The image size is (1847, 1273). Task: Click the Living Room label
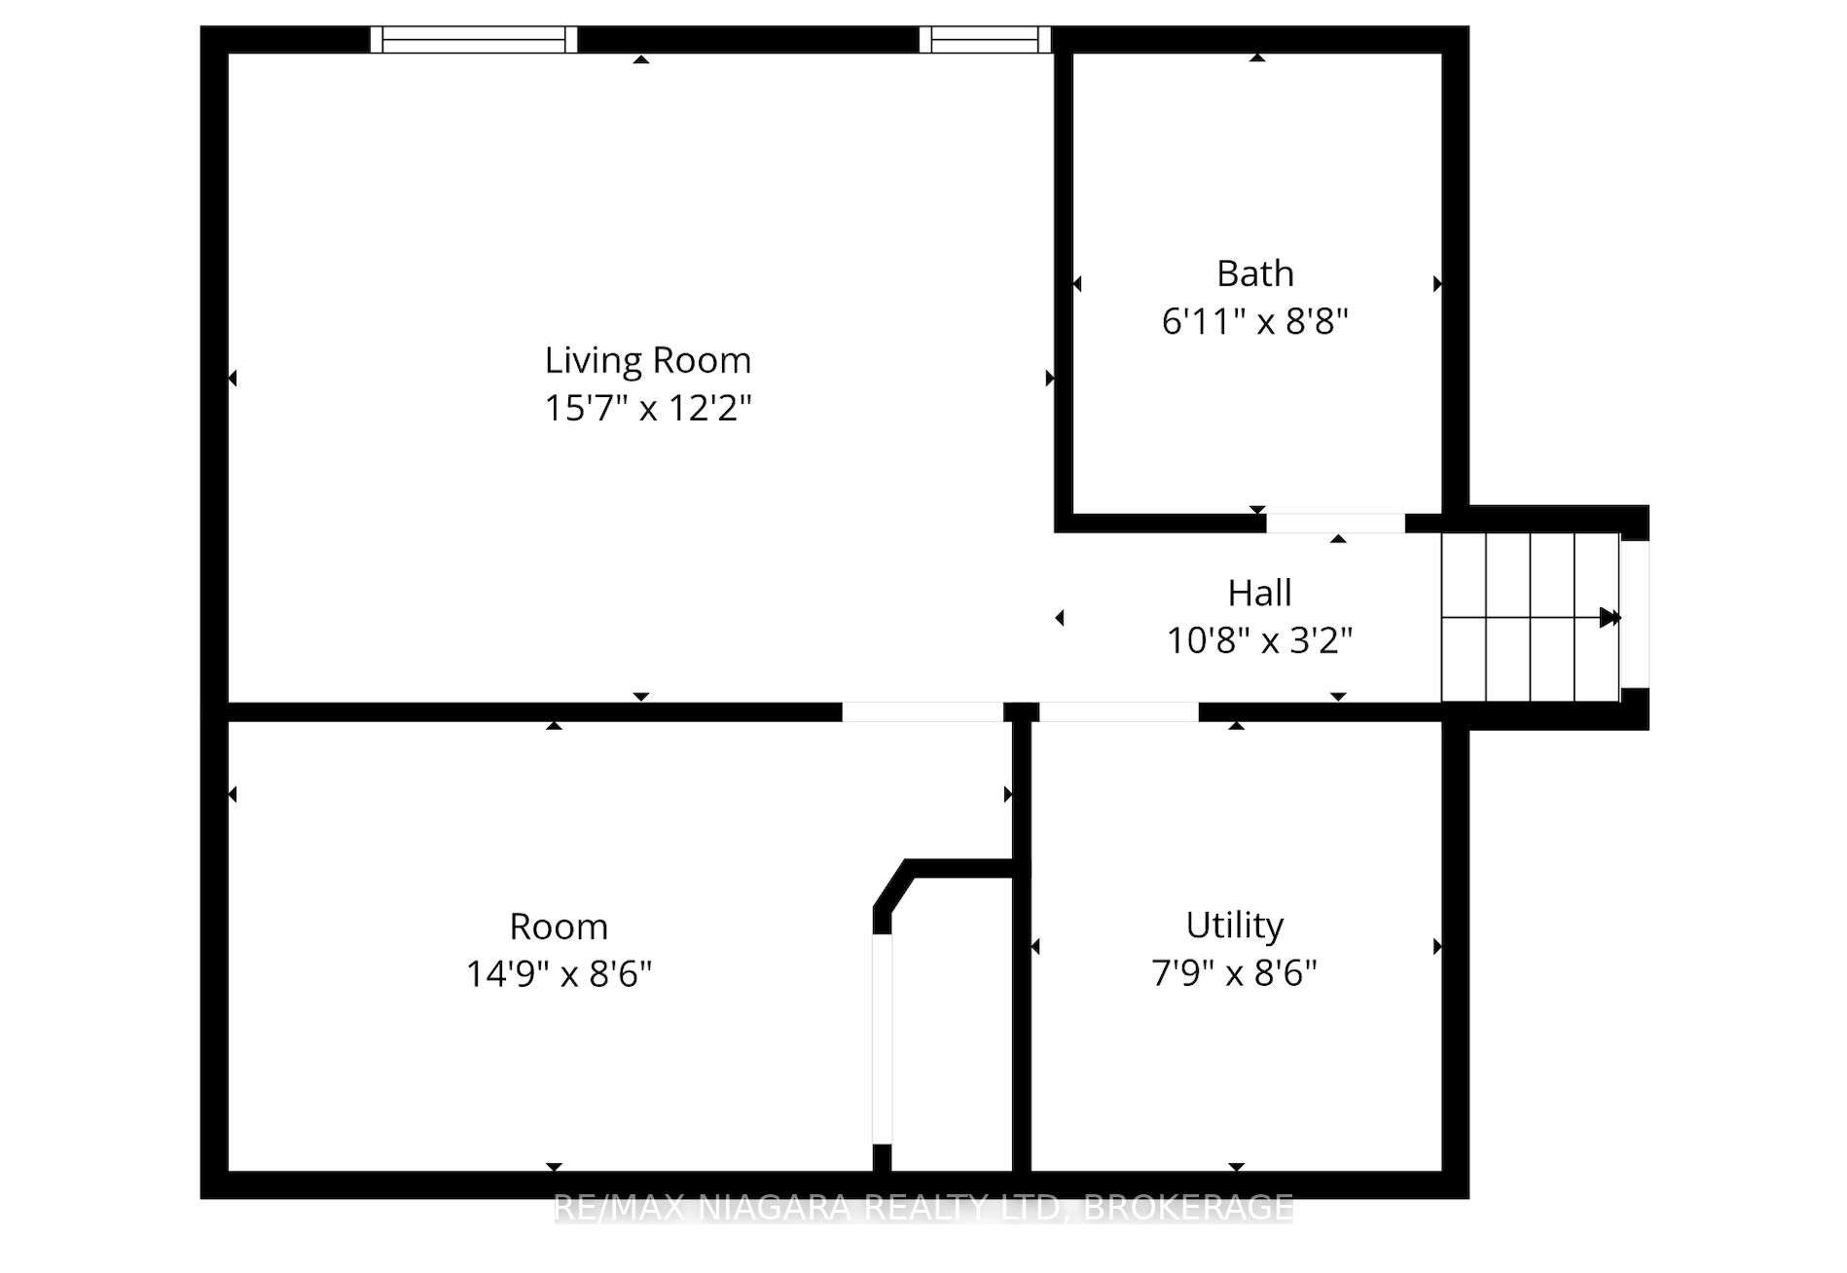(x=648, y=361)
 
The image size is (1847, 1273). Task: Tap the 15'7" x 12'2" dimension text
(x=648, y=408)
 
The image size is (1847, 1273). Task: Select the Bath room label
(x=1255, y=273)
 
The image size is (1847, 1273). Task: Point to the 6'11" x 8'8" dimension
(x=1255, y=321)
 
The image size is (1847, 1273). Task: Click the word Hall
(x=1259, y=593)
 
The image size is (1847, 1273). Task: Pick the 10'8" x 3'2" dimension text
(x=1259, y=640)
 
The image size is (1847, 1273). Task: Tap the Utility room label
(x=1235, y=926)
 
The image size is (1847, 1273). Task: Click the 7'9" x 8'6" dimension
(x=1235, y=972)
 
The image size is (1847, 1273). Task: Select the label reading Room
(x=559, y=927)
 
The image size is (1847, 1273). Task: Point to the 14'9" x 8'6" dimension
(x=559, y=973)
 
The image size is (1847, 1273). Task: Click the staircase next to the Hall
(x=1530, y=617)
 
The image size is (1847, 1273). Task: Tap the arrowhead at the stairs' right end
(x=1611, y=617)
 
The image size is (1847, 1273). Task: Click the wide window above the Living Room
(x=474, y=40)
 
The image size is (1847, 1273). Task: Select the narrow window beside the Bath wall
(x=985, y=40)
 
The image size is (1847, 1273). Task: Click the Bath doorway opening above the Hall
(x=1335, y=524)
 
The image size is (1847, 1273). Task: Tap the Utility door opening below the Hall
(x=1119, y=712)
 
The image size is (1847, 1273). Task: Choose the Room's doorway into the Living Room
(x=923, y=712)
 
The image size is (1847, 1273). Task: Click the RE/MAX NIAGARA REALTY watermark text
(x=923, y=1208)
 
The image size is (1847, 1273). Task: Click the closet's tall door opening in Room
(x=882, y=1039)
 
